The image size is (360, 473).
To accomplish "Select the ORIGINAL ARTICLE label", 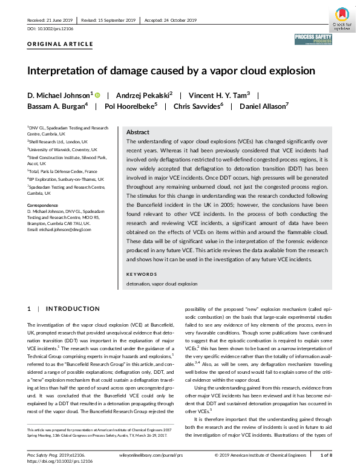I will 60,44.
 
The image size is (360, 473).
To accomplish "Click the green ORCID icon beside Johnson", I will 96,94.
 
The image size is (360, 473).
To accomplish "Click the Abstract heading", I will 138,132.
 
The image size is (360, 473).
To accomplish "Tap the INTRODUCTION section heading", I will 73,309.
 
